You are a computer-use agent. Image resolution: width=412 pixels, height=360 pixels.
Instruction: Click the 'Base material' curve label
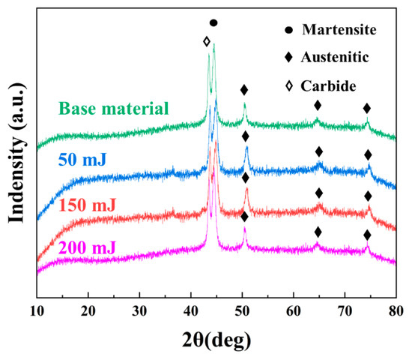click(x=112, y=109)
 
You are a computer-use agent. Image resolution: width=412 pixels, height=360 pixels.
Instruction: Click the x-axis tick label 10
click(x=37, y=309)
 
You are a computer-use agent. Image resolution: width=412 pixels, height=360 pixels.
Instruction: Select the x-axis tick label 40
click(x=190, y=309)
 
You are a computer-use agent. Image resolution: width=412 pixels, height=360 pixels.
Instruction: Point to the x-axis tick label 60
click(x=293, y=309)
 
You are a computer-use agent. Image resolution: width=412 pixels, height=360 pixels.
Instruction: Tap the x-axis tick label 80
click(x=396, y=309)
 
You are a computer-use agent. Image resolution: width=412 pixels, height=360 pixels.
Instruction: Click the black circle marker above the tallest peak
click(x=213, y=23)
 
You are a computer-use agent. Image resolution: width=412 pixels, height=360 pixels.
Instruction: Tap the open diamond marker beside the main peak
click(x=207, y=42)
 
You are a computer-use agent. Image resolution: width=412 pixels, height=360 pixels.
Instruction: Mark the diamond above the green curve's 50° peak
click(x=244, y=90)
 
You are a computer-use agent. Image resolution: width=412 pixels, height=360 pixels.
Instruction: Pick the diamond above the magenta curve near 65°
click(x=318, y=232)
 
